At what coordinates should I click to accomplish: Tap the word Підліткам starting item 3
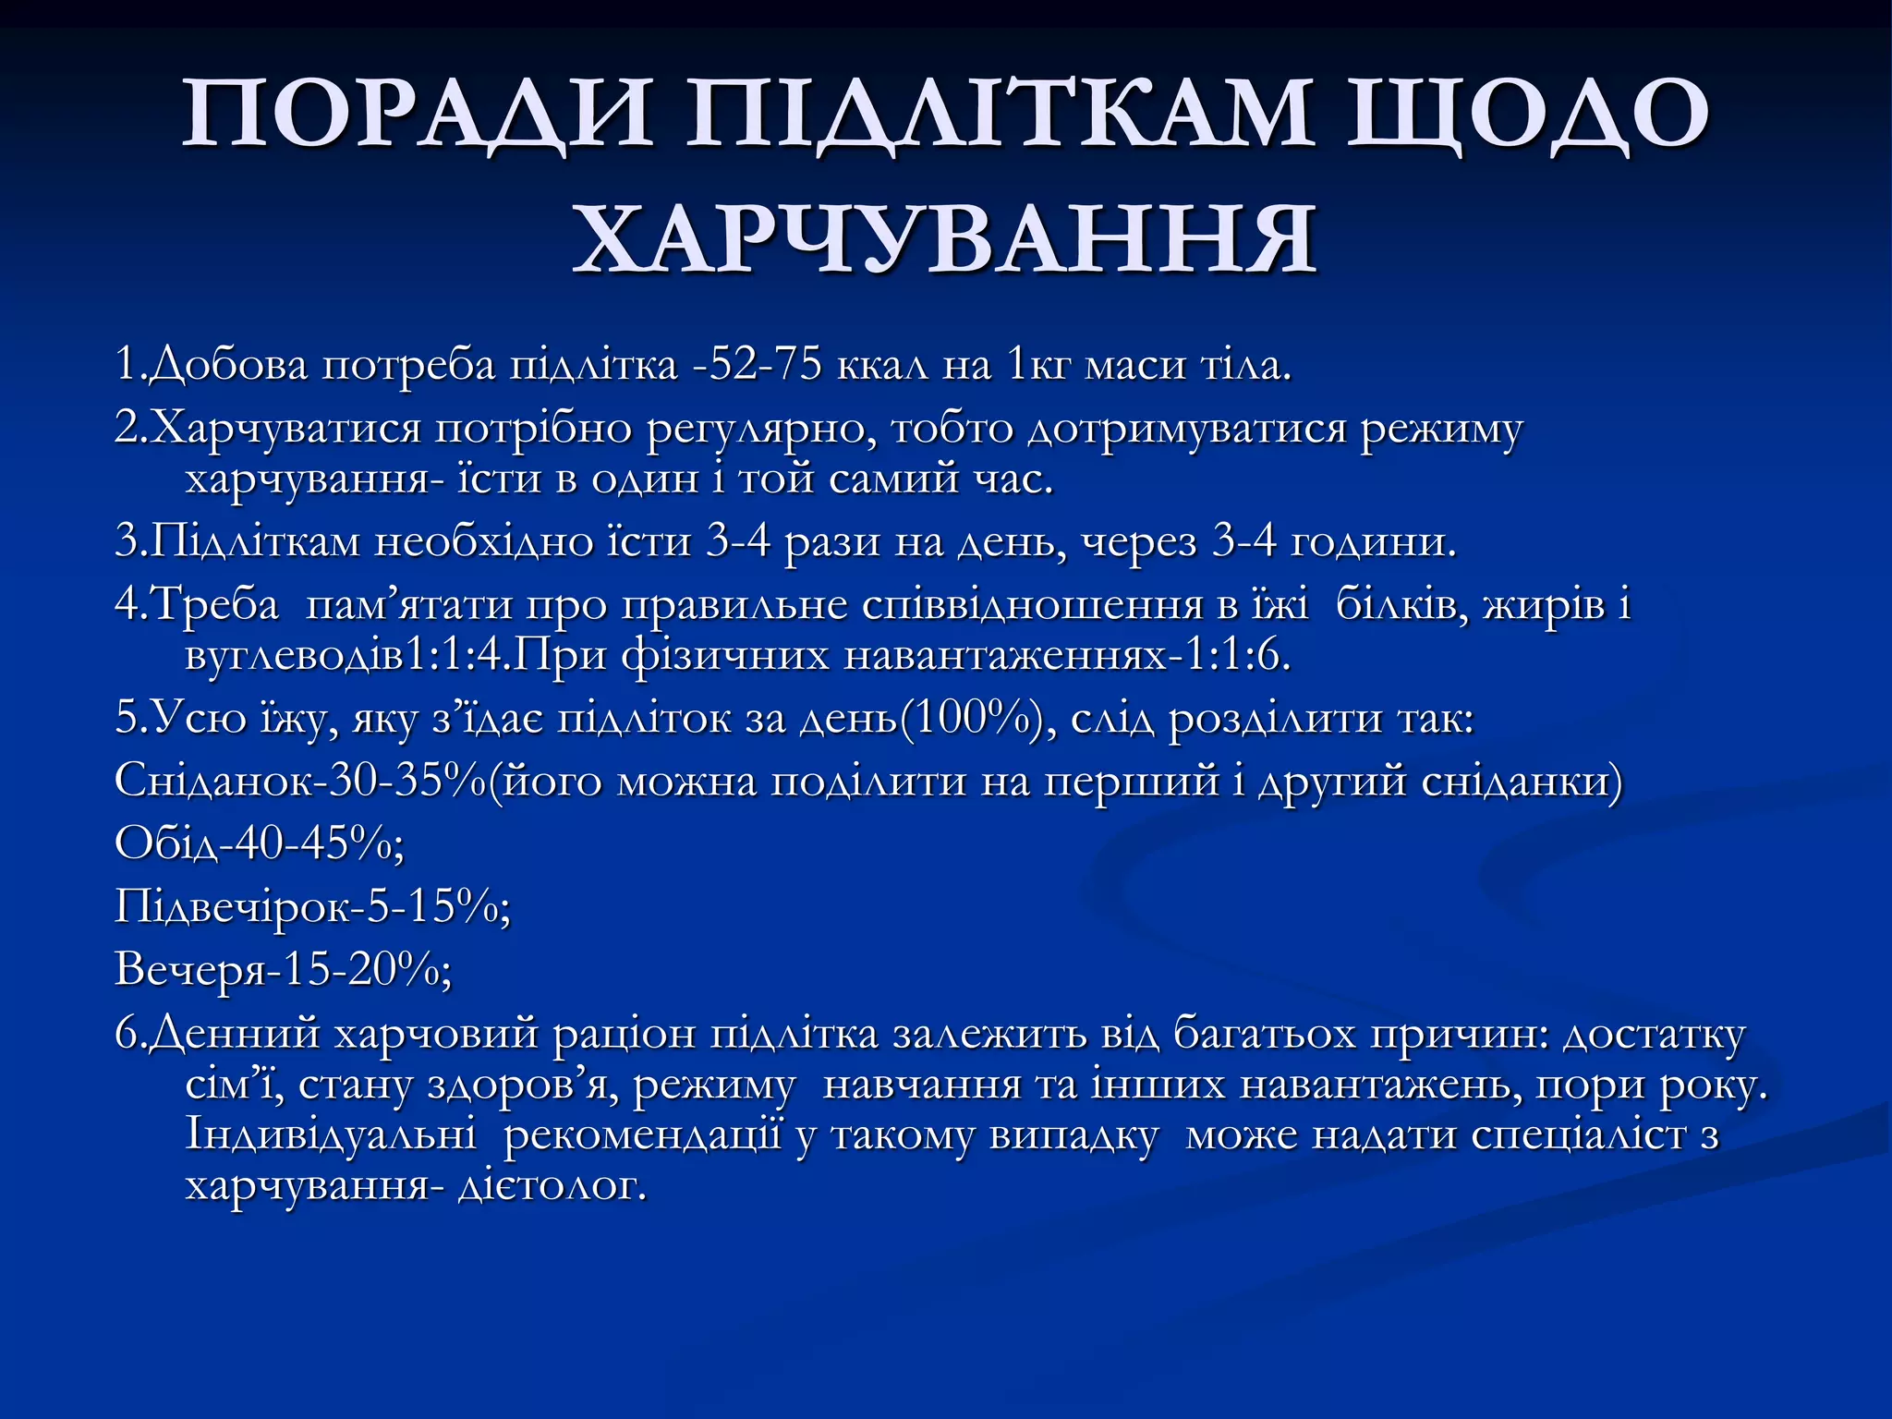pyautogui.click(x=253, y=541)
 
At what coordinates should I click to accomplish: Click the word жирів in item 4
pyautogui.click(x=1544, y=605)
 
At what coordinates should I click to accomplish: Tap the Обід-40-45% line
pyautogui.click(x=259, y=843)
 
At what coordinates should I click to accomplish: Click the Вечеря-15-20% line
pyautogui.click(x=283, y=969)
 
